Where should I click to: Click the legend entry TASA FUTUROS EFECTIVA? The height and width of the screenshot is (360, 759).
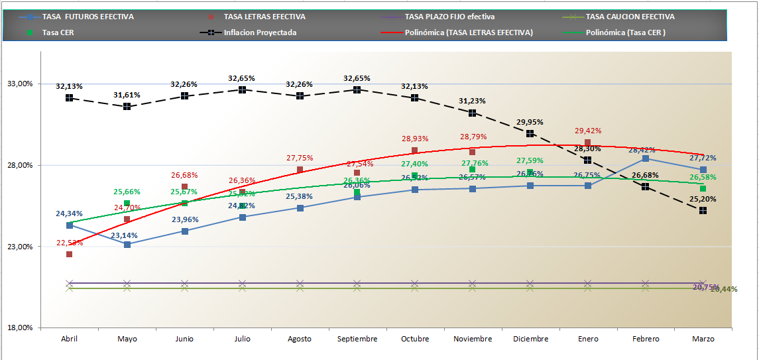[x=87, y=17]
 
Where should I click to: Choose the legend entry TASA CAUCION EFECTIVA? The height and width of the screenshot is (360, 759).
[x=630, y=17]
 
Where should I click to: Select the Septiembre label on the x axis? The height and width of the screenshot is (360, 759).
[x=357, y=339]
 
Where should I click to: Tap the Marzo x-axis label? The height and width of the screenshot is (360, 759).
[x=703, y=339]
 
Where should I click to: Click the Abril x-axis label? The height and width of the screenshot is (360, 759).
[x=69, y=339]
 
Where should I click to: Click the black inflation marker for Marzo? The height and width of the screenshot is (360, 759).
[x=703, y=211]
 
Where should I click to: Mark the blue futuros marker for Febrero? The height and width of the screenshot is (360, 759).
[x=645, y=158]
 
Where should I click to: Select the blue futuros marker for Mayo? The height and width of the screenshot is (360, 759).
[x=127, y=244]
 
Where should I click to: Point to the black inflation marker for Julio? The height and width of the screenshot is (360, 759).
[x=242, y=90]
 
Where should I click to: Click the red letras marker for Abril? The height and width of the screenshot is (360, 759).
[x=69, y=254]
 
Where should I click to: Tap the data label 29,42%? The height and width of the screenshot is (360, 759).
[x=588, y=131]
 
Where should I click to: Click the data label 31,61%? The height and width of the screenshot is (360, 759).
[x=127, y=95]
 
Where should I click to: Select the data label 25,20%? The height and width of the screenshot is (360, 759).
[x=703, y=198]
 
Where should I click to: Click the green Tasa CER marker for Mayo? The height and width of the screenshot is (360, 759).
[x=127, y=203]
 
